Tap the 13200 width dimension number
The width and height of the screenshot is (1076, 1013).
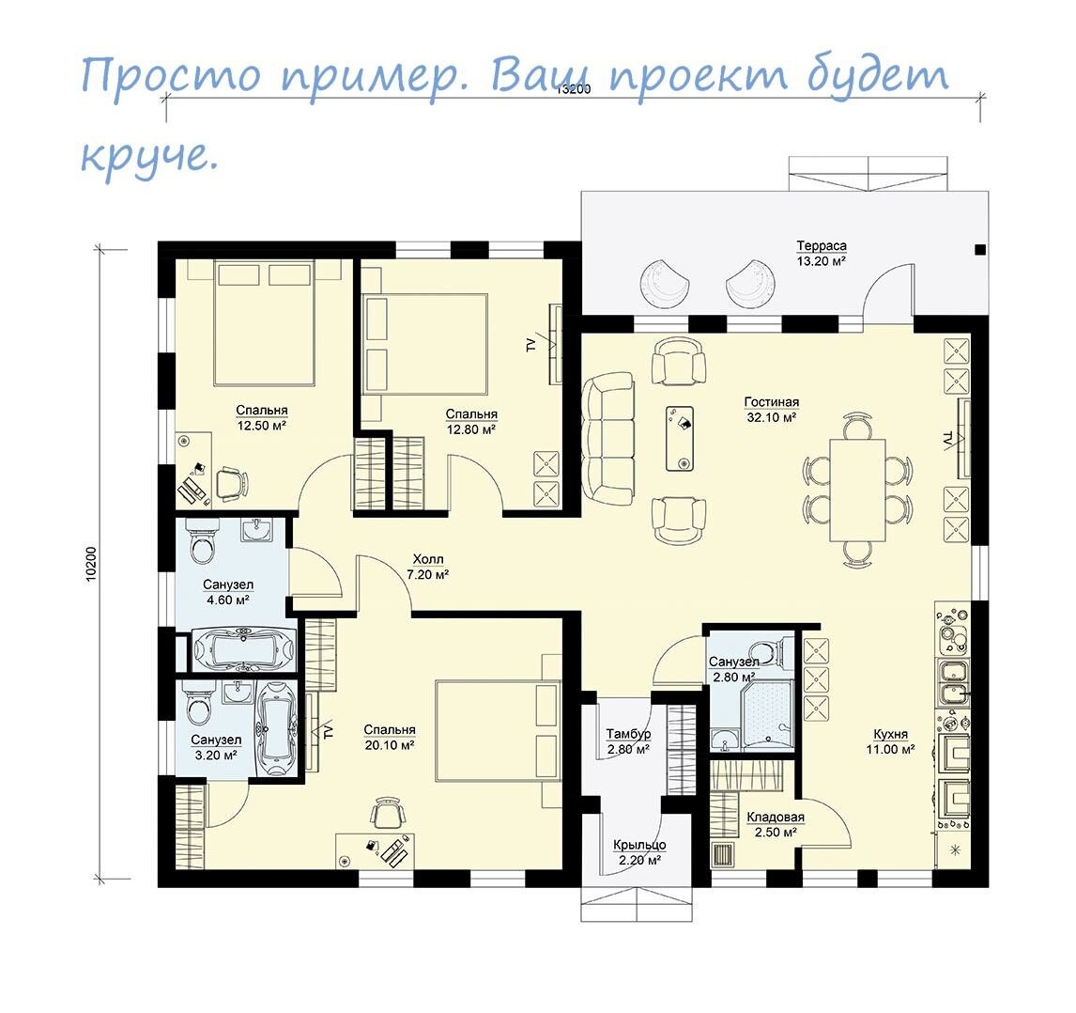[573, 90]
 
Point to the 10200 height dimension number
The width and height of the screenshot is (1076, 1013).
[91, 563]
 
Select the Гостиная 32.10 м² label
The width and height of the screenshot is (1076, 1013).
[772, 410]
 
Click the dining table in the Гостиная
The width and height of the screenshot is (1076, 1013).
[857, 490]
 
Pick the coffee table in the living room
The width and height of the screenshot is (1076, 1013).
[680, 438]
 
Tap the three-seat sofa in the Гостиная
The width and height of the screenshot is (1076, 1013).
[608, 438]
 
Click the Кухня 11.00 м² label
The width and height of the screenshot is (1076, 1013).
[889, 741]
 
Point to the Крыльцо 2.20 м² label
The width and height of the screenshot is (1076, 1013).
[639, 851]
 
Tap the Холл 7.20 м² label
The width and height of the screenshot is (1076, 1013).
[427, 567]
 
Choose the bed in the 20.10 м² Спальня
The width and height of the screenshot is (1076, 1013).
[498, 730]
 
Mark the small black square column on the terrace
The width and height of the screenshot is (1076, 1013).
[979, 249]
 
